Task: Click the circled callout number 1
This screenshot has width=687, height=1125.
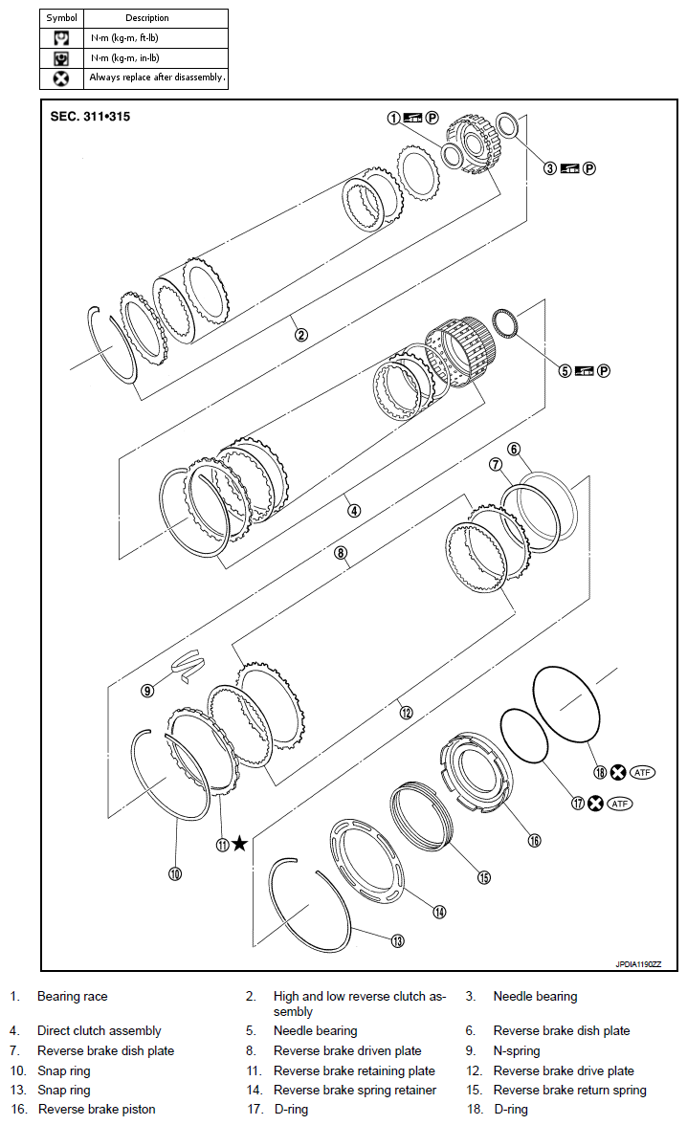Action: [x=393, y=118]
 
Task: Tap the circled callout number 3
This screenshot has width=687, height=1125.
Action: [x=550, y=167]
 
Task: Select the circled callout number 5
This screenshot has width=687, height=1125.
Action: [x=565, y=370]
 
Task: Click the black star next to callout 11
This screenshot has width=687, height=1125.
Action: [x=239, y=843]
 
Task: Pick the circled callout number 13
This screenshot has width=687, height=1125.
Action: [x=397, y=941]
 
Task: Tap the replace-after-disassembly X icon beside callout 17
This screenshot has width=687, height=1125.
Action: [x=596, y=804]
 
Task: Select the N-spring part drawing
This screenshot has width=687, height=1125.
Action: [x=189, y=663]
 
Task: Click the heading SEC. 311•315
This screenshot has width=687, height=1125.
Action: [x=90, y=117]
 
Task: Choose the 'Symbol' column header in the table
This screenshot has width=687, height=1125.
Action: [x=61, y=18]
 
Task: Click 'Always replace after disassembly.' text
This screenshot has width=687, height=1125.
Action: [x=157, y=77]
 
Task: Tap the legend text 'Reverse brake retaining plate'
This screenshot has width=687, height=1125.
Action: [x=354, y=1070]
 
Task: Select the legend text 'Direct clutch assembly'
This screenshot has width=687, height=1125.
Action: [x=99, y=1030]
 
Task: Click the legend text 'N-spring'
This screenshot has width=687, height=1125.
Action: [x=516, y=1050]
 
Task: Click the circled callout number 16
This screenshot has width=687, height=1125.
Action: [x=534, y=840]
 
